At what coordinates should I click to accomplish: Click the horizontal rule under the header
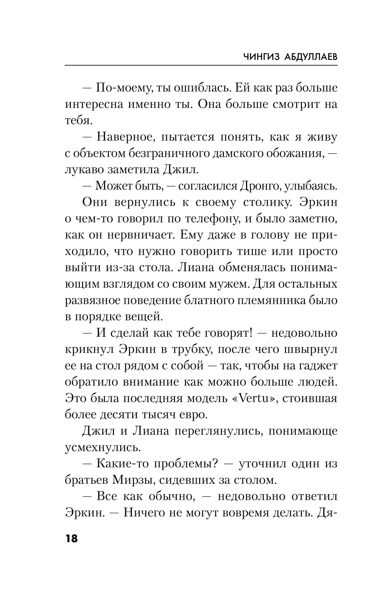[201, 65]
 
